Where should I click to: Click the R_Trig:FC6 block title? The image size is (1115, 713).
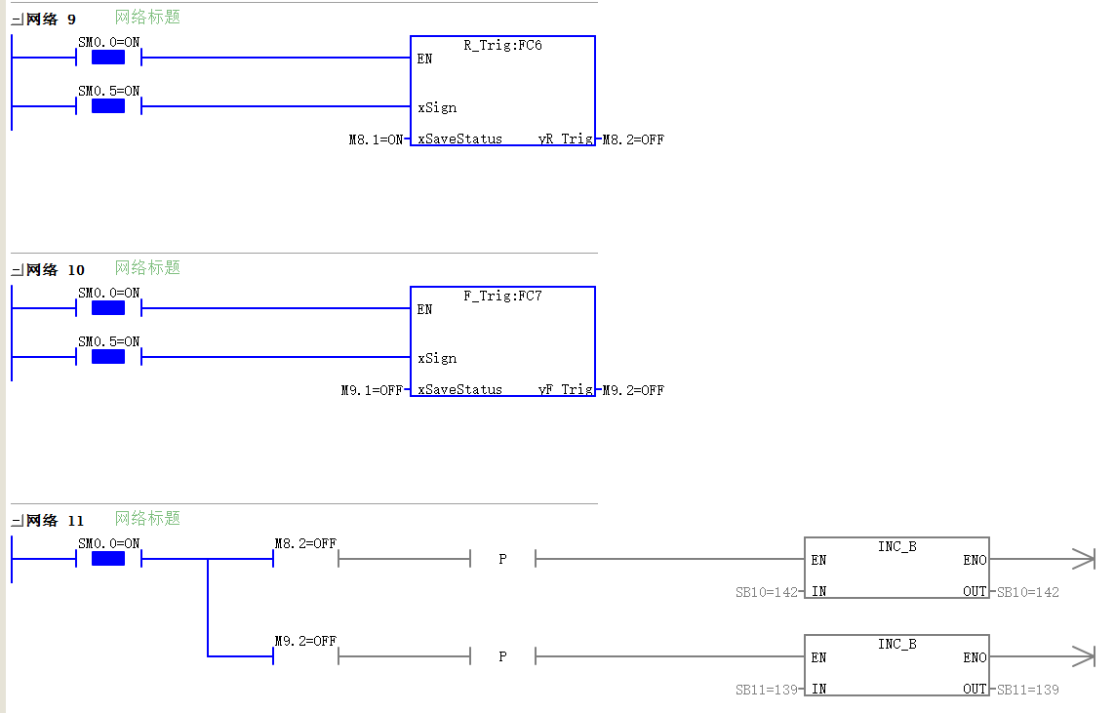[502, 46]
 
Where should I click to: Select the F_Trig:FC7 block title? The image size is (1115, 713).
[502, 297]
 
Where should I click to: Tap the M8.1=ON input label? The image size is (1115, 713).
[377, 139]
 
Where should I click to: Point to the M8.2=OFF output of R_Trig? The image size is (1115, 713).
[633, 139]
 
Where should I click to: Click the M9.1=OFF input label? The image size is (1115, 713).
[372, 390]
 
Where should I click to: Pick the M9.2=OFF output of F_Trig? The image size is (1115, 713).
[633, 390]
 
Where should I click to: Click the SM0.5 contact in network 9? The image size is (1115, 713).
[108, 106]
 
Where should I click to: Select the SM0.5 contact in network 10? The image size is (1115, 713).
[108, 357]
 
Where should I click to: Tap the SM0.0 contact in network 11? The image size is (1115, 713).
[108, 559]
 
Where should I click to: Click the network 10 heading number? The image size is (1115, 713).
[76, 270]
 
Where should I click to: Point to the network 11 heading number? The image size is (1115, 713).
[76, 521]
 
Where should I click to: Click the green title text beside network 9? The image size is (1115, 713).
[147, 17]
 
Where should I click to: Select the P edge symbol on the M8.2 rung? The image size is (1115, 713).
[502, 559]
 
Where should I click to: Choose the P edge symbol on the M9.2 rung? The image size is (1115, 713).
[502, 656]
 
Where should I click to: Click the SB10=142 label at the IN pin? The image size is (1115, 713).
[767, 592]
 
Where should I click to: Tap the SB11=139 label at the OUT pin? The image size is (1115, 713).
[1027, 690]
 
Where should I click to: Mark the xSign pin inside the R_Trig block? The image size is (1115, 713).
[437, 108]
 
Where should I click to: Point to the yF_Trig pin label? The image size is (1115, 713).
[566, 389]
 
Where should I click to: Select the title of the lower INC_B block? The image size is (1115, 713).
[896, 644]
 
